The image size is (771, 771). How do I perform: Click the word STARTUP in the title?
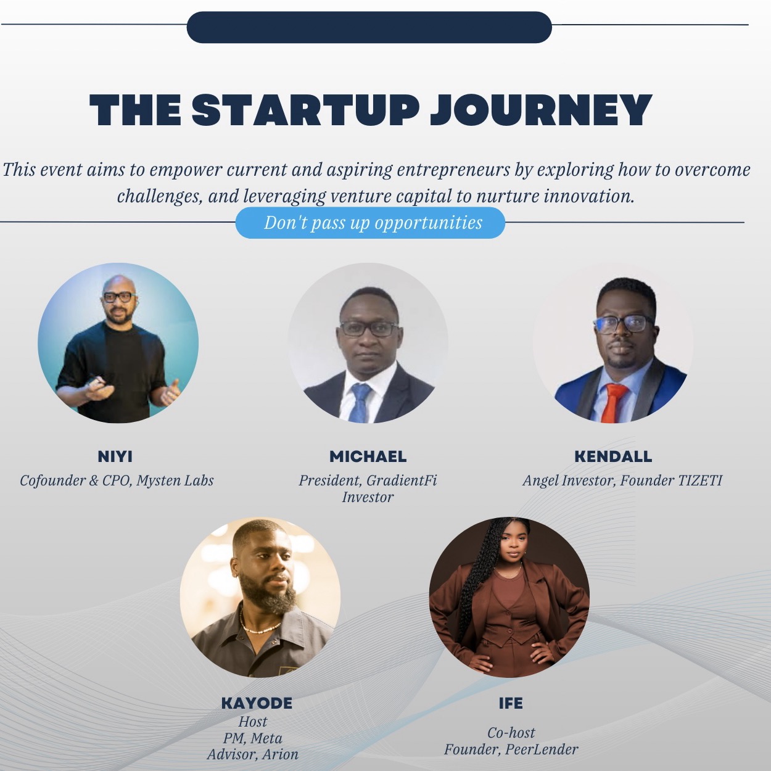[x=306, y=110]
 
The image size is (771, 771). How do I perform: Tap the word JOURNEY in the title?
[x=541, y=110]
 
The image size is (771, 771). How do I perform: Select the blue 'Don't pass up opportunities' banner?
[x=370, y=223]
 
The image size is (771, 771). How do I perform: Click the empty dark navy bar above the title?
[x=369, y=27]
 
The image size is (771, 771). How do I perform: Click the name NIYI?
[x=115, y=456]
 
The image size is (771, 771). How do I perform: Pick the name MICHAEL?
[x=368, y=456]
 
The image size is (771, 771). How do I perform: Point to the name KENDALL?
[x=613, y=456]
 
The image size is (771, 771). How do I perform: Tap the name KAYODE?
[x=257, y=703]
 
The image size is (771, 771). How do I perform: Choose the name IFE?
[x=511, y=703]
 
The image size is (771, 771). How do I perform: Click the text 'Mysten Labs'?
[x=175, y=480]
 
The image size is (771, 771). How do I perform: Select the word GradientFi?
[x=402, y=480]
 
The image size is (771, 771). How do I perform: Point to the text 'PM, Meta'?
[x=252, y=738]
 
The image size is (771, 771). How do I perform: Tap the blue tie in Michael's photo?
[x=360, y=403]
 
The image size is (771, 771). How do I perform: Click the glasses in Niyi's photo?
[x=118, y=297]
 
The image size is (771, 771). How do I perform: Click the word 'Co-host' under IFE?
[x=511, y=732]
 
